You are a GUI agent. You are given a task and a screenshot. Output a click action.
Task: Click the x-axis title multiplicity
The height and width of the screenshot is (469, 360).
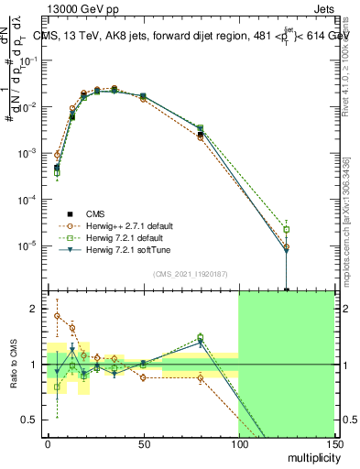coord(311,455)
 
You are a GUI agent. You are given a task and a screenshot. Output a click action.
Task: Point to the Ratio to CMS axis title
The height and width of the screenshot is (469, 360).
coord(14,365)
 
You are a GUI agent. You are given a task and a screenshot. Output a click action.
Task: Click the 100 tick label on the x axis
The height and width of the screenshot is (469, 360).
coord(238,443)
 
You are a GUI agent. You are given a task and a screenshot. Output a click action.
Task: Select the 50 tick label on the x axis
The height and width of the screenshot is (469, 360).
coord(143,443)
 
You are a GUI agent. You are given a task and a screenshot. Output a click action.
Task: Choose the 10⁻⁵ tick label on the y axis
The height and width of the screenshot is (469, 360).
coord(28,245)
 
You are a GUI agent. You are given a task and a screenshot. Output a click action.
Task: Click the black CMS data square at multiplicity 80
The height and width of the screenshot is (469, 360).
coord(200,135)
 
